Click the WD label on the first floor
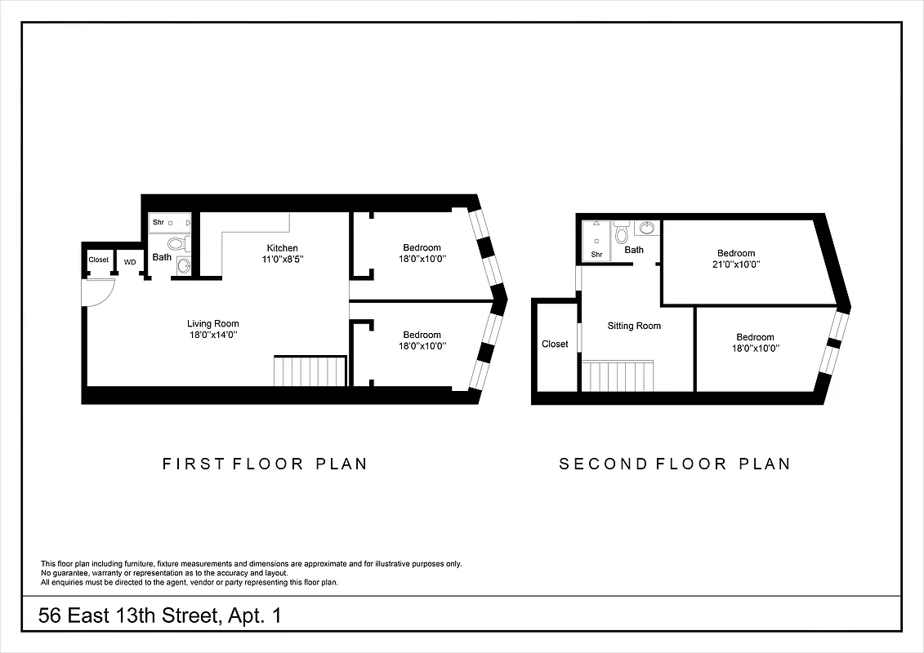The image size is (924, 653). click(x=130, y=261)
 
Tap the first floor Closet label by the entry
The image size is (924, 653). click(x=98, y=260)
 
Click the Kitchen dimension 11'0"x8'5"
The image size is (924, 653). click(x=282, y=259)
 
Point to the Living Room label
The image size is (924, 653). click(x=212, y=323)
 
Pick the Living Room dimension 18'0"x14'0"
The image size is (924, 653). click(x=212, y=335)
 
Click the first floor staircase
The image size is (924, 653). click(x=310, y=371)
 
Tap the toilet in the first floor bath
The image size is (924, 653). click(x=176, y=243)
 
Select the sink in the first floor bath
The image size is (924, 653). click(x=183, y=266)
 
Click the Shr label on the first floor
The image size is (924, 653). click(x=158, y=222)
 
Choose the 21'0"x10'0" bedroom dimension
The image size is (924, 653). click(x=735, y=264)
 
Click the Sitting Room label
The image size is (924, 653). click(x=634, y=326)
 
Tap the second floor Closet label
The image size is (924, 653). click(x=555, y=344)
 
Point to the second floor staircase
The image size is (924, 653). click(x=619, y=377)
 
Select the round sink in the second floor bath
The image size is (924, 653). click(x=647, y=228)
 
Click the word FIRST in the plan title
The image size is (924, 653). click(x=193, y=464)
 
